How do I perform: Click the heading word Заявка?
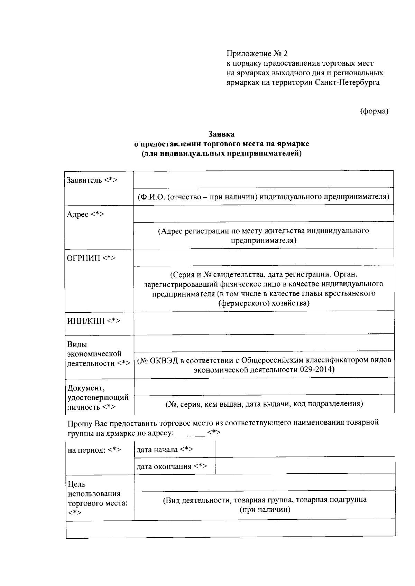tap(221, 134)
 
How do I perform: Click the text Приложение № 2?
tap(257, 54)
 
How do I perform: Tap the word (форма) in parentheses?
tap(374, 111)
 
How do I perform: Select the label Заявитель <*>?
tap(92, 180)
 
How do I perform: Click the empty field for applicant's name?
tap(264, 180)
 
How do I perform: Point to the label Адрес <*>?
tap(85, 214)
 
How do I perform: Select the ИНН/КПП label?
tap(93, 321)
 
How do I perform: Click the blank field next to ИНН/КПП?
tap(264, 323)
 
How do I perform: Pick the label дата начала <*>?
tap(165, 450)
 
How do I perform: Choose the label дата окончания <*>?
tap(172, 466)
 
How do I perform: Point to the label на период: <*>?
tap(94, 450)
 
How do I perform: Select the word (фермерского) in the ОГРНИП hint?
tap(244, 303)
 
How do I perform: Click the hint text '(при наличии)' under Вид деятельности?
tap(265, 510)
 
